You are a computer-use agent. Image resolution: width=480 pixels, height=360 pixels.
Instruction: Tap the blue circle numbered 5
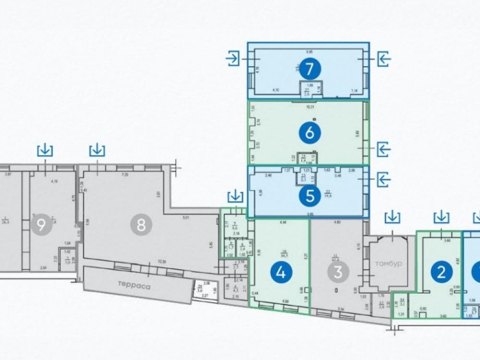click(x=310, y=195)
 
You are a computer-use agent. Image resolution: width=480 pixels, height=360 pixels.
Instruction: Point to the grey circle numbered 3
click(x=338, y=273)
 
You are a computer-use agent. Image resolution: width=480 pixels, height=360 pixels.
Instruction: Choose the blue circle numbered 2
click(x=442, y=273)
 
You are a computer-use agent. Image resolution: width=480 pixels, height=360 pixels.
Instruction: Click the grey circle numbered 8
click(x=141, y=226)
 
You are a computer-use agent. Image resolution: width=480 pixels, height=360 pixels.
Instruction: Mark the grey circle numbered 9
click(x=41, y=226)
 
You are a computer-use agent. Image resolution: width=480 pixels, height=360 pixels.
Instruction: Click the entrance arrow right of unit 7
click(x=384, y=59)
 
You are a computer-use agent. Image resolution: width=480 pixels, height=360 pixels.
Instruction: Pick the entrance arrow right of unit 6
click(x=384, y=149)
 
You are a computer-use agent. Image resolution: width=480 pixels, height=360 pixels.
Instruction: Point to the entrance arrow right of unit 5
click(x=384, y=180)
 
